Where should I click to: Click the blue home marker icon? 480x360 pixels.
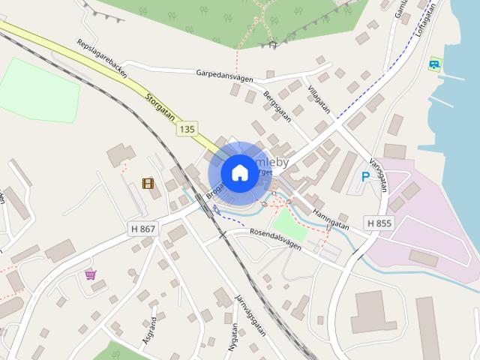(239, 172)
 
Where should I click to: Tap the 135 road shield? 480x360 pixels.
(187, 130)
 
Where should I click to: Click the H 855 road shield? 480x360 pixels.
(379, 223)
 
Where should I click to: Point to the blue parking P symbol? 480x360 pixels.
(365, 177)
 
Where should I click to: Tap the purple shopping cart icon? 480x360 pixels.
(91, 274)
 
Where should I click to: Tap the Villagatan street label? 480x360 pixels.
(319, 97)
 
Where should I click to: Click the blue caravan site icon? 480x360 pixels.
(434, 64)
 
